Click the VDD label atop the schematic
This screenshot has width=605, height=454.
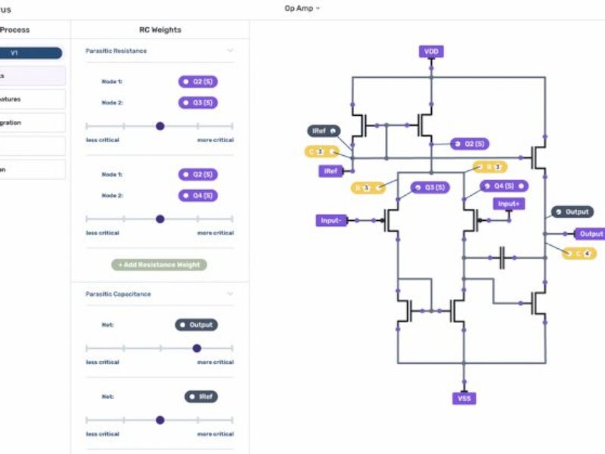click(x=431, y=51)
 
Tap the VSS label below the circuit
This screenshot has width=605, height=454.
click(x=465, y=398)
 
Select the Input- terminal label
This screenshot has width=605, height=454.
click(x=330, y=220)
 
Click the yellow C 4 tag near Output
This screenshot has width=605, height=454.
click(x=580, y=253)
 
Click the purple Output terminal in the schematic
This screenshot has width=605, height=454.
click(x=590, y=234)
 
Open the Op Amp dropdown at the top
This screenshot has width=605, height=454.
click(x=302, y=8)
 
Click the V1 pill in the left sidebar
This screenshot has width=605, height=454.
click(x=30, y=53)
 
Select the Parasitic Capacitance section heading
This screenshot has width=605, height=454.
click(x=118, y=294)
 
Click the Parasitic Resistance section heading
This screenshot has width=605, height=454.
click(x=116, y=51)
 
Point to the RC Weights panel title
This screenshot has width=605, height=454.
click(x=160, y=30)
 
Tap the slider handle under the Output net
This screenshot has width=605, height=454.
click(x=197, y=348)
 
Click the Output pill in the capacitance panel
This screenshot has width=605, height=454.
click(x=197, y=325)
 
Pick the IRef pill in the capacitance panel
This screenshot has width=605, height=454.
click(x=201, y=396)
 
